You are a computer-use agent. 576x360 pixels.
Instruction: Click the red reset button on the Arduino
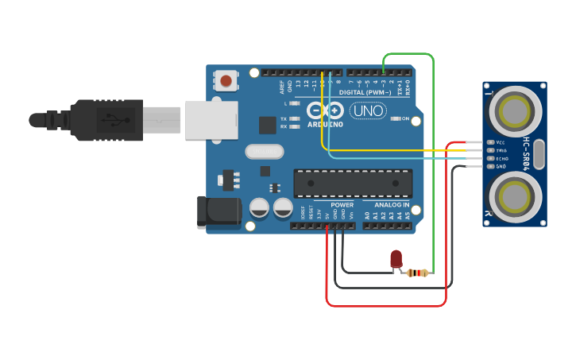(226, 80)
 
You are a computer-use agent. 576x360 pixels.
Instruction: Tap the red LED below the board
(396, 259)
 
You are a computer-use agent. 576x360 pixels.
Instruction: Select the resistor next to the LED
(417, 273)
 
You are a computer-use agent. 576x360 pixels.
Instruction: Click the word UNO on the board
(368, 111)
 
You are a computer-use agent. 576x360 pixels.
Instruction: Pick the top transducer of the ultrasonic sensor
(514, 108)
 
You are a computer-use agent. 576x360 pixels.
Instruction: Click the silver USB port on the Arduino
(211, 119)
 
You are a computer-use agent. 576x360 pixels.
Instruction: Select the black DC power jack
(218, 213)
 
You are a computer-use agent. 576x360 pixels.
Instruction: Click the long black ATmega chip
(353, 183)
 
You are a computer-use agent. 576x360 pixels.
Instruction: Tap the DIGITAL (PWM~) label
(365, 92)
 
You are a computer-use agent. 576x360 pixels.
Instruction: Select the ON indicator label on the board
(416, 119)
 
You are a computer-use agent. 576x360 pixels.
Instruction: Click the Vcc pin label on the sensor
(501, 142)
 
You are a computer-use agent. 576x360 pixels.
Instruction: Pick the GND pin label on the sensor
(501, 166)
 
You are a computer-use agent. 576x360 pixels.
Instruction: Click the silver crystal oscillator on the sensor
(539, 154)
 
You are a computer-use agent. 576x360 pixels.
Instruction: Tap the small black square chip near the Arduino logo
(268, 125)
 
